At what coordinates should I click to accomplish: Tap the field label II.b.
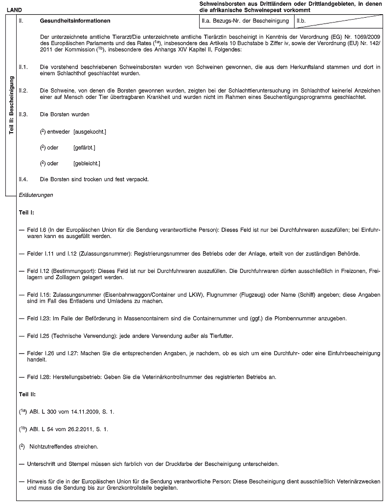coord(302,22)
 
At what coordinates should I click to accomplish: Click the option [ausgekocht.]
coord(90,132)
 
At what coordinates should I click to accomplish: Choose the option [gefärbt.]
coord(84,147)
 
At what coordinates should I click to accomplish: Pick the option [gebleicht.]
coord(87,163)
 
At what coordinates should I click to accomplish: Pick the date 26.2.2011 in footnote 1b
coord(70,430)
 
